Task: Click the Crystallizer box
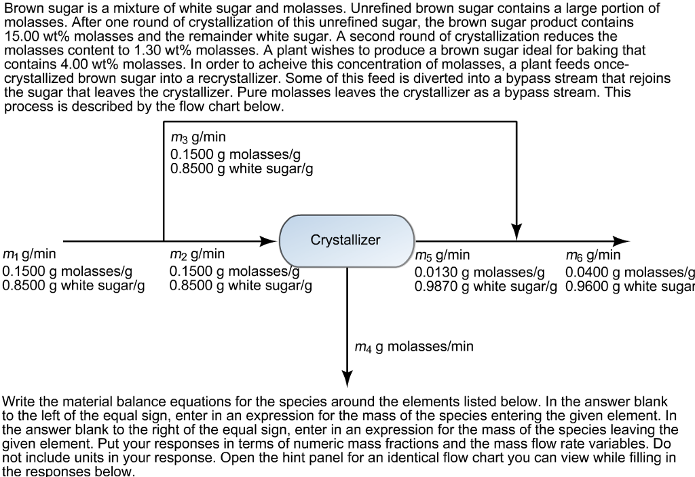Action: (346, 241)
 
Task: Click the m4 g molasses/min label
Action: (414, 347)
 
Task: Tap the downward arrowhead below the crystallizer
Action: (347, 377)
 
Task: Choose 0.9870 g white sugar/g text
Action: (485, 285)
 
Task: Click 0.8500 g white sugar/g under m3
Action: (241, 169)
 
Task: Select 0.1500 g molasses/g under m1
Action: (68, 271)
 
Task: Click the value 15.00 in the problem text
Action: (20, 35)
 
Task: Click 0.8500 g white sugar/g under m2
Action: (241, 285)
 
